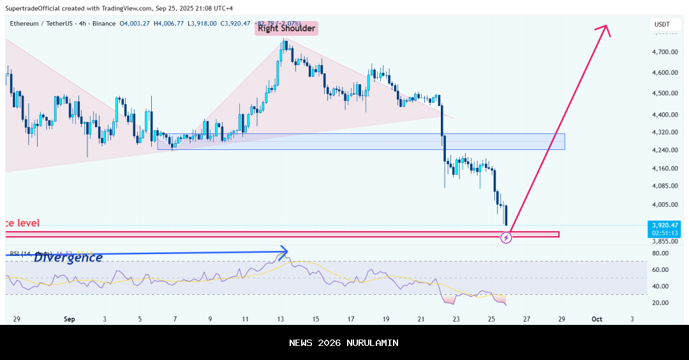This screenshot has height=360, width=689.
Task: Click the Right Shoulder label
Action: [286, 28]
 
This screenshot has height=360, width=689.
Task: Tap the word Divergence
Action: [68, 258]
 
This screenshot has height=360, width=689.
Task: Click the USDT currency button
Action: [663, 24]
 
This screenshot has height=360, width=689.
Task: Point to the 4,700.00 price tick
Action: [665, 52]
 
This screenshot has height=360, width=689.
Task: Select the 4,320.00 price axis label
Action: [665, 133]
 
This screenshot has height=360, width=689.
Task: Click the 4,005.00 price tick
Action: [665, 205]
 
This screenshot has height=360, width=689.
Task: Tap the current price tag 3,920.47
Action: [665, 225]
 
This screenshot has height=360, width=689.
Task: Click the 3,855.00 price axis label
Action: [665, 241]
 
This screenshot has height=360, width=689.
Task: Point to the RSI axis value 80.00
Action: [661, 253]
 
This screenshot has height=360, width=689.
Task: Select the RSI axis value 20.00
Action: [661, 303]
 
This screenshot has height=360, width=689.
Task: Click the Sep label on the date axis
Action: [70, 319]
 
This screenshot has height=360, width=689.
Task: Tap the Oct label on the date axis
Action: [597, 319]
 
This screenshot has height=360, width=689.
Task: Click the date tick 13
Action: [280, 319]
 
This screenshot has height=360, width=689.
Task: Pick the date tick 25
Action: [491, 319]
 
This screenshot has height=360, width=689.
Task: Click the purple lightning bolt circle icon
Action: [506, 238]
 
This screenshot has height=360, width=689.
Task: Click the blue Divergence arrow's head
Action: [285, 251]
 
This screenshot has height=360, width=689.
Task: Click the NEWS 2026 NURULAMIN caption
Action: [344, 343]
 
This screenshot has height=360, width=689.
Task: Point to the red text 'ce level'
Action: [21, 223]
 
